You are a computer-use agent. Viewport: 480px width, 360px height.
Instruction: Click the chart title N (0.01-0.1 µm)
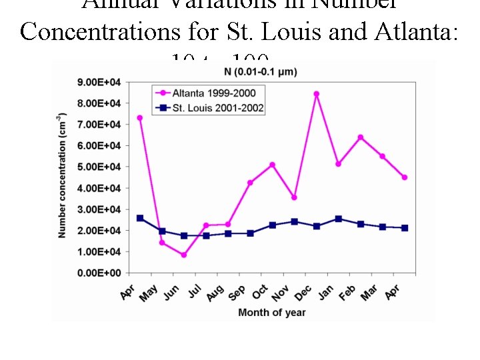tap(260, 71)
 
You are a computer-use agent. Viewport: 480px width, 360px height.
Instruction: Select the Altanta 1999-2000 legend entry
tap(208, 93)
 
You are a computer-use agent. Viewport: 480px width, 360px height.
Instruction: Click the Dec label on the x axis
tap(302, 292)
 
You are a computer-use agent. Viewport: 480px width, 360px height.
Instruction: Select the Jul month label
tap(194, 291)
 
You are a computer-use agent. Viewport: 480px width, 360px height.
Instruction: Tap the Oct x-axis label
tap(259, 292)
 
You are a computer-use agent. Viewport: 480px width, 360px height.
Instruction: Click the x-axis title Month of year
tap(272, 312)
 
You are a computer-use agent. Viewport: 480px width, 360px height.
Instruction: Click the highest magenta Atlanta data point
tap(316, 94)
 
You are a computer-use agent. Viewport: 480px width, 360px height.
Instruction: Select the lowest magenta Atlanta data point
tap(183, 255)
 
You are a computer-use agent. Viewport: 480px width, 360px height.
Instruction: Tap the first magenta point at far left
tap(139, 118)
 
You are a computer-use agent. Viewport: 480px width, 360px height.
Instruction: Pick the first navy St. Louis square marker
tap(139, 218)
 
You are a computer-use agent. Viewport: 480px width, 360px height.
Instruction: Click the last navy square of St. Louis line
tap(405, 228)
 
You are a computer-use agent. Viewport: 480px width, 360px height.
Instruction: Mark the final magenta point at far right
tap(405, 177)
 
